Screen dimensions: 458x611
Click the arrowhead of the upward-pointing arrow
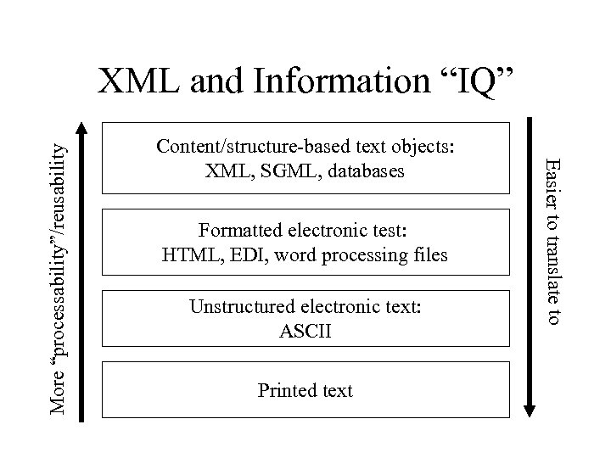tap(81, 129)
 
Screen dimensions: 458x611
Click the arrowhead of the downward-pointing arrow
tap(530, 408)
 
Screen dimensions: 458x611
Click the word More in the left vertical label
tap(58, 395)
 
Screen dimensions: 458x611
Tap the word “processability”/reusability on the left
tap(58, 254)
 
